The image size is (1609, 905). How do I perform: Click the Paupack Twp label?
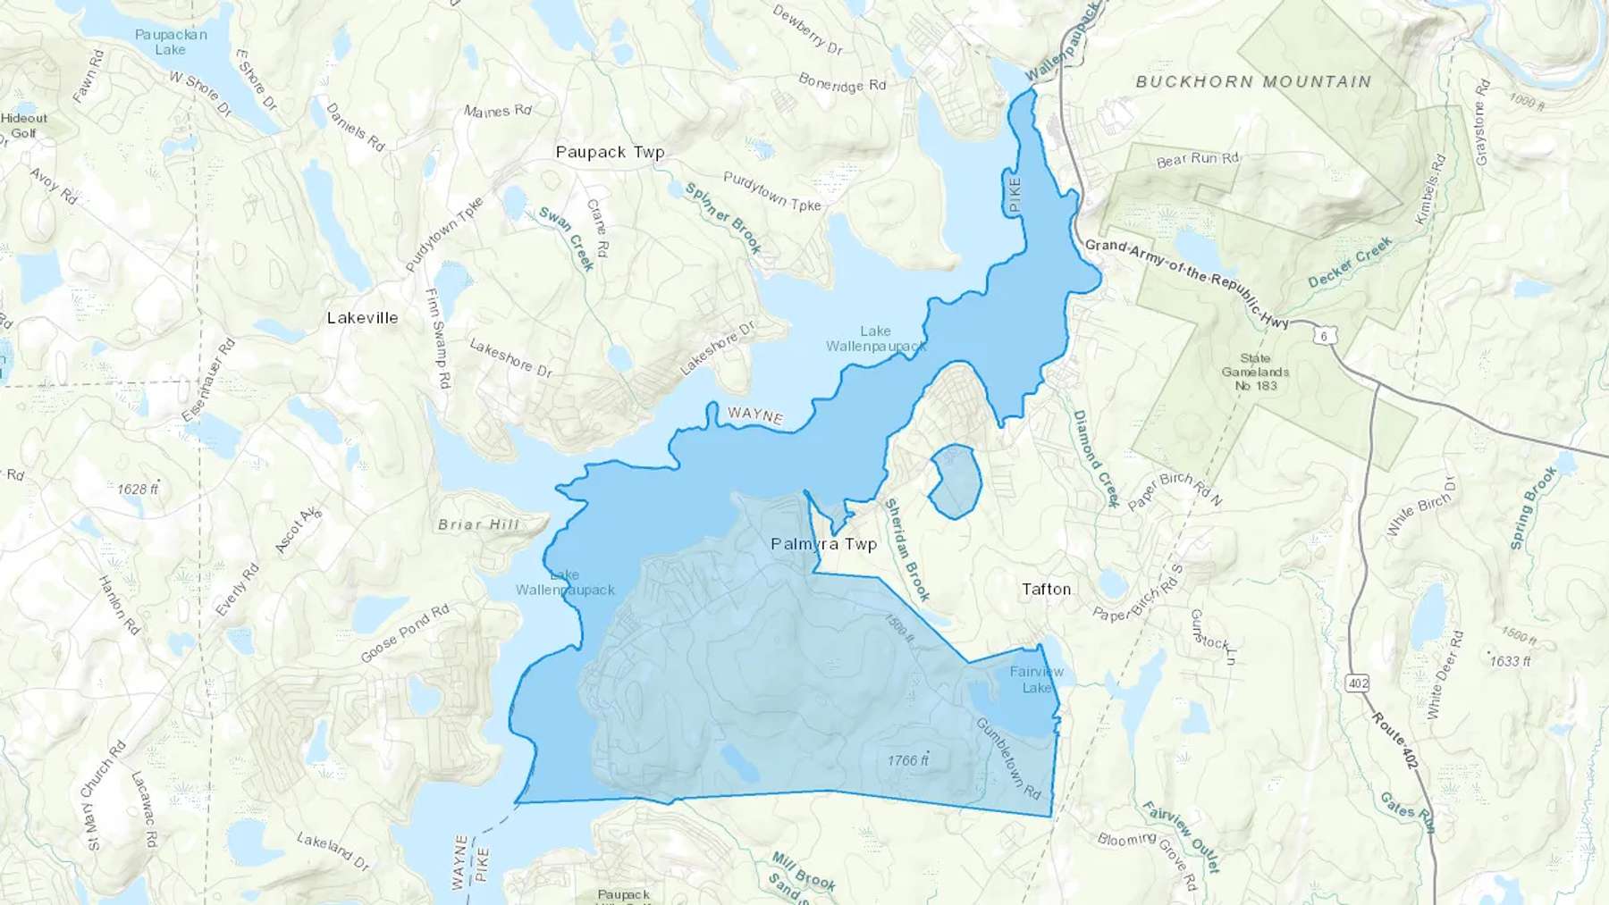(x=611, y=152)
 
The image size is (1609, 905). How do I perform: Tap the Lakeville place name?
(x=362, y=318)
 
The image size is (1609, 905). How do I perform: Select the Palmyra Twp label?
(x=823, y=544)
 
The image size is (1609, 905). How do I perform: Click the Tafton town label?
(x=1046, y=590)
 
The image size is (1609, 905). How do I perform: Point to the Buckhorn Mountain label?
(x=1253, y=82)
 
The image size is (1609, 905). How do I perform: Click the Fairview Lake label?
(x=1037, y=680)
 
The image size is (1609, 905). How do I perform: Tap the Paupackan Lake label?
(x=171, y=42)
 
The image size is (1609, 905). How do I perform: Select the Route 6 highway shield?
(x=1325, y=336)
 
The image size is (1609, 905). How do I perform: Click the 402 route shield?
(x=1358, y=684)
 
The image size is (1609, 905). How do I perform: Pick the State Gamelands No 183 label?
(x=1255, y=372)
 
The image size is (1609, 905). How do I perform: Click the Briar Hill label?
(x=478, y=524)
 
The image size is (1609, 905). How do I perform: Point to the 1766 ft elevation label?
(x=908, y=761)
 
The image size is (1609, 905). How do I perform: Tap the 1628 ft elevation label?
(x=138, y=490)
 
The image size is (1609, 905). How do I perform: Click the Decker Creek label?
(x=1350, y=263)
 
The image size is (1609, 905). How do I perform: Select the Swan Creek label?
(x=567, y=239)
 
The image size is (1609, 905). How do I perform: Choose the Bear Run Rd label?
(x=1198, y=160)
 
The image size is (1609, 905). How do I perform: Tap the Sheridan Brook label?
(x=906, y=549)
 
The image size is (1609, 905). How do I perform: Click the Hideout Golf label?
(x=24, y=125)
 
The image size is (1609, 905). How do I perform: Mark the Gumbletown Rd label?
(x=1008, y=758)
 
